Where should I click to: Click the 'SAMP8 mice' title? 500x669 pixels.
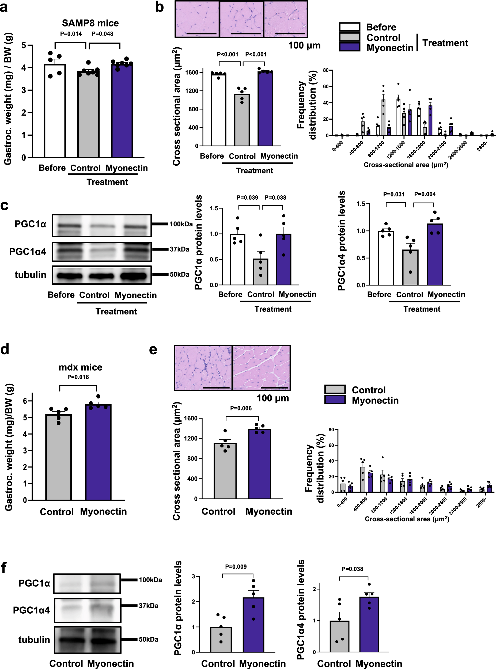click(x=90, y=23)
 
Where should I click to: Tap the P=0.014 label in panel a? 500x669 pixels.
click(x=71, y=33)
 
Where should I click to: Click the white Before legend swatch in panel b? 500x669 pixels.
click(x=349, y=27)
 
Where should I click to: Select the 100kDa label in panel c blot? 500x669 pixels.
click(x=181, y=224)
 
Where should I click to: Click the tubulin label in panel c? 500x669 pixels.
click(x=31, y=275)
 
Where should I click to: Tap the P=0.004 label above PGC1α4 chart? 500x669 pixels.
click(x=425, y=194)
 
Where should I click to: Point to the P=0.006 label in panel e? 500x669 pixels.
click(x=241, y=408)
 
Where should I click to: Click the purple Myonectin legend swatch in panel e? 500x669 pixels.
click(x=335, y=400)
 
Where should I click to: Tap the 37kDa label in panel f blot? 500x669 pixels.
click(x=148, y=606)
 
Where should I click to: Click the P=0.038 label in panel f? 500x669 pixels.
click(x=353, y=569)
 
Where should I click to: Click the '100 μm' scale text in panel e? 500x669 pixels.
click(x=272, y=398)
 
